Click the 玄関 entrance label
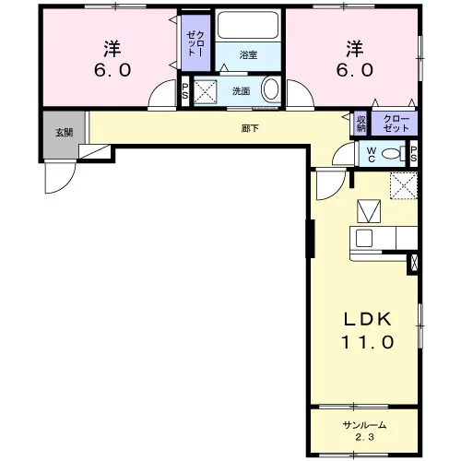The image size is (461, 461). point(65,133)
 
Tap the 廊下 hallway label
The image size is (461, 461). point(250,128)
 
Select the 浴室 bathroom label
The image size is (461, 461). point(248,55)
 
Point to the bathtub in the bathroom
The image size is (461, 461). point(248,25)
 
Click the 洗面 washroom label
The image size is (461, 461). point(241,91)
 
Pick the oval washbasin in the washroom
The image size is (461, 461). point(271,89)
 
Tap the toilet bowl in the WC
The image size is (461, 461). point(392,153)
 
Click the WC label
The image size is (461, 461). point(372,155)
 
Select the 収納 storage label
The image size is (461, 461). point(361,124)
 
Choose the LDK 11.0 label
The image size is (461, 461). point(368,330)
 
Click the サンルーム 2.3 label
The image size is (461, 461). point(364,431)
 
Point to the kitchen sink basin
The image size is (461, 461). point(364,238)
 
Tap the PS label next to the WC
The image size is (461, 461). point(413,154)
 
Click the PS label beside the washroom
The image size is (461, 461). point(185,91)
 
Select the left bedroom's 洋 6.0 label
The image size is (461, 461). point(112,59)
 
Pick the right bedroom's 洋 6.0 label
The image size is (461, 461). point(355,59)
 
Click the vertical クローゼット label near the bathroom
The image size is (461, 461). point(195,43)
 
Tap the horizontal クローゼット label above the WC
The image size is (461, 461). point(396,124)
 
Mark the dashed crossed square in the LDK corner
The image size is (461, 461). point(404,185)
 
